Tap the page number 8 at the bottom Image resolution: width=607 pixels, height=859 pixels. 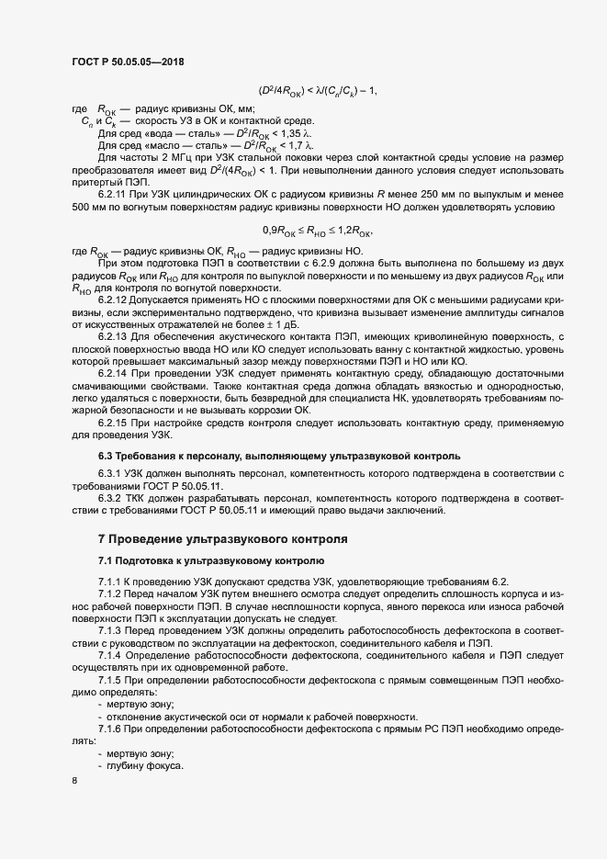[x=74, y=780]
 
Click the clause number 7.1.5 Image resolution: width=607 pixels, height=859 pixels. [x=110, y=679]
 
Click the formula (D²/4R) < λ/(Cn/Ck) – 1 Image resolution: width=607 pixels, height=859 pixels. [x=318, y=90]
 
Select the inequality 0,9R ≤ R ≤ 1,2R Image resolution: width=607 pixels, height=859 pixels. [x=317, y=230]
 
